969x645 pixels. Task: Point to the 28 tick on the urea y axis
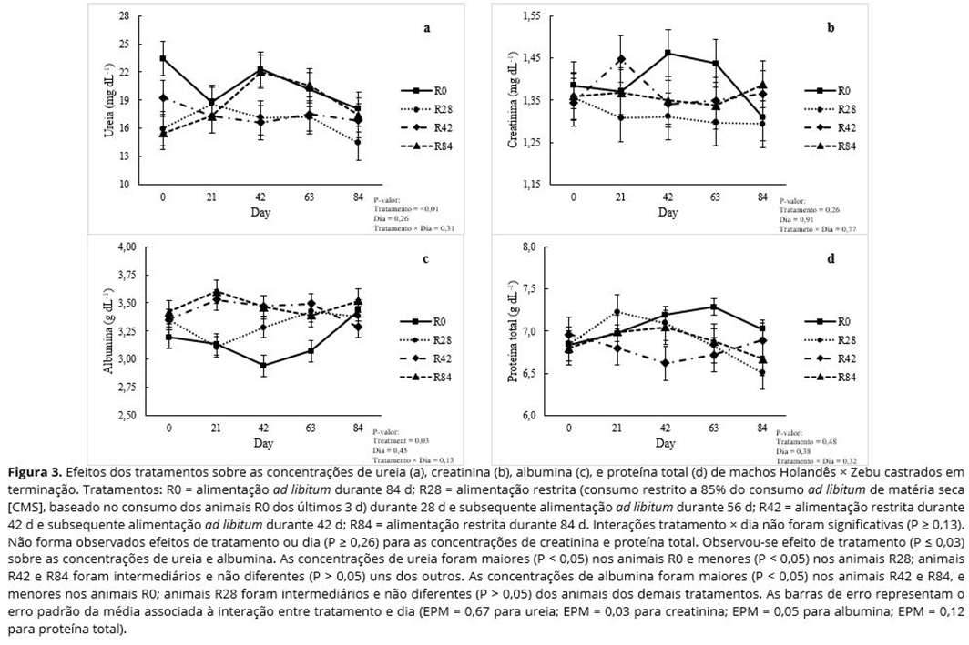(x=125, y=16)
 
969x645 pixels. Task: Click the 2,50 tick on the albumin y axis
(x=124, y=415)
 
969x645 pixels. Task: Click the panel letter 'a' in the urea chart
(x=427, y=27)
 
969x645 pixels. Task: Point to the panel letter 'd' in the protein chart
(x=830, y=259)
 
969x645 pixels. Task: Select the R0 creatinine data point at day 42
(x=668, y=53)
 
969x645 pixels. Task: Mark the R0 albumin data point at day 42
(x=263, y=366)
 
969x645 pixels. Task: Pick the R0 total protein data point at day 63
(x=715, y=307)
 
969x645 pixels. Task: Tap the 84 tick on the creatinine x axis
(x=762, y=197)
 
